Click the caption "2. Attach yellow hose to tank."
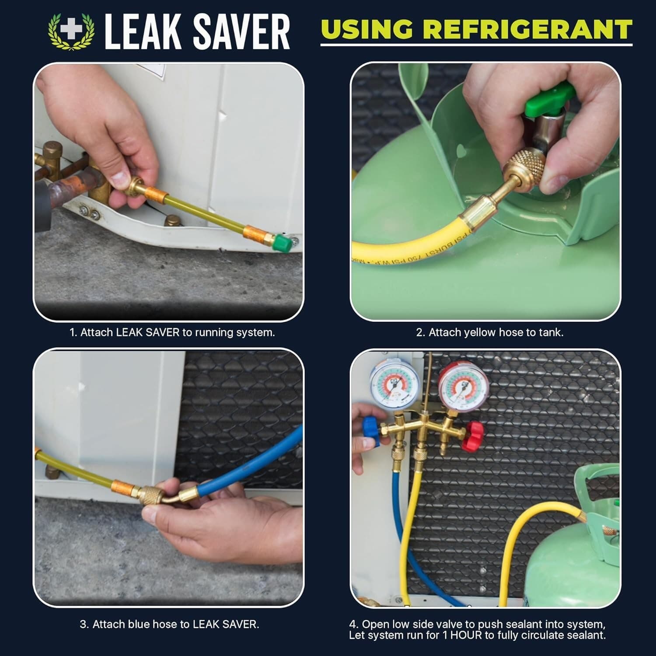tap(489, 332)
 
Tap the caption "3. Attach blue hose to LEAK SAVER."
tap(169, 624)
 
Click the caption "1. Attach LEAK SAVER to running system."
tap(172, 332)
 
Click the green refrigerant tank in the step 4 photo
tap(569, 569)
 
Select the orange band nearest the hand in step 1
tap(156, 193)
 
